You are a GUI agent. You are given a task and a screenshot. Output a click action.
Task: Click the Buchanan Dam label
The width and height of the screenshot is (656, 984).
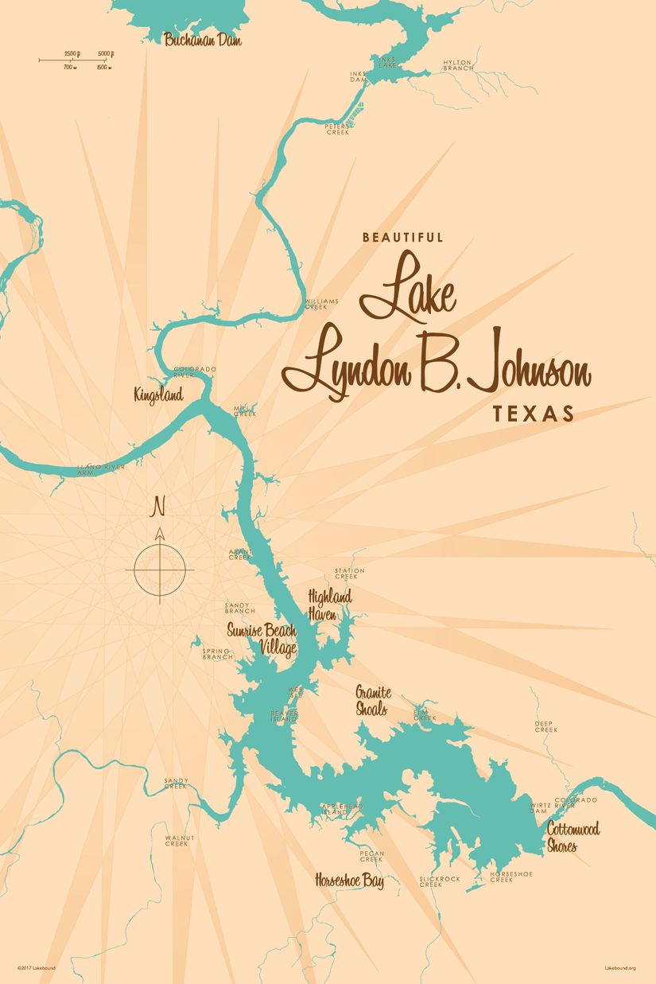(203, 39)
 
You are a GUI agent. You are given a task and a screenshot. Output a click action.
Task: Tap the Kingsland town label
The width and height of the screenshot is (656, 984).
(159, 394)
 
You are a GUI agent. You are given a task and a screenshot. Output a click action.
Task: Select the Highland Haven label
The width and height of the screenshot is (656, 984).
(329, 605)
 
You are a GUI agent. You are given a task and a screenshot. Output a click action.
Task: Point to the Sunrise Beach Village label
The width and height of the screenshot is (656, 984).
(262, 639)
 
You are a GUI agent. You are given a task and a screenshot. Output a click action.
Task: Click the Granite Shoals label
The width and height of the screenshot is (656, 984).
(372, 699)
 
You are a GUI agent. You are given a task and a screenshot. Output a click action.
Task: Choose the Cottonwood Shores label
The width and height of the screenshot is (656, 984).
(573, 838)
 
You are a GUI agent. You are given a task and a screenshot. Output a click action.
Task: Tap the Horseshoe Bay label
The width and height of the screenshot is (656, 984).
(349, 881)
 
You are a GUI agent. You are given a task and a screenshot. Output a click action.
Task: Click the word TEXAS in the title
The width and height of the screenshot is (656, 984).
(533, 414)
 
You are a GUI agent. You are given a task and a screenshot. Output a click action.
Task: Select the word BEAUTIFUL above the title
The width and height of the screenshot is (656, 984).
(402, 237)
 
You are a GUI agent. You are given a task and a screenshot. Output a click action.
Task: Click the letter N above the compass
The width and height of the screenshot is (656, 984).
(159, 505)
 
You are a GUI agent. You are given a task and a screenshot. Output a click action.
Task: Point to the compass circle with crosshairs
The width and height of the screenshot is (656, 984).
(160, 570)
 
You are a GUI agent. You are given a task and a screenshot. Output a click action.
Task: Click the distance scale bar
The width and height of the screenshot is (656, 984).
(77, 59)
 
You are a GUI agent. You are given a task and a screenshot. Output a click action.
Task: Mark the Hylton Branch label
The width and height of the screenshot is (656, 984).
(458, 65)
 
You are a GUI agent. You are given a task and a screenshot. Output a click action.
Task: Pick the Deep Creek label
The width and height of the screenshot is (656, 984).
(545, 726)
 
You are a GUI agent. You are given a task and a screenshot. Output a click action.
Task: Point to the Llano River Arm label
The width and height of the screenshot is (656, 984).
(96, 470)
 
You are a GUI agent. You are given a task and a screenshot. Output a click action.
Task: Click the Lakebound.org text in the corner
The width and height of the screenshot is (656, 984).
(620, 968)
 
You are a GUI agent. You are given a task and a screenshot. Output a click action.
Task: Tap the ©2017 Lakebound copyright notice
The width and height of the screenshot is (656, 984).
(37, 968)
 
